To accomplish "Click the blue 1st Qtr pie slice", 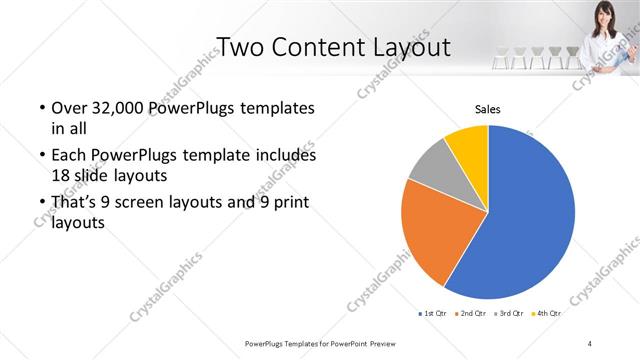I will pyautogui.click(x=530, y=215).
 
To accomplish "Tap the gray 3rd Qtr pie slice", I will pyautogui.click(x=429, y=165).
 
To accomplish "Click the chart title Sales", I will pyautogui.click(x=487, y=109).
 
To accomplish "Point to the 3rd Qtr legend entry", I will pyautogui.click(x=508, y=314).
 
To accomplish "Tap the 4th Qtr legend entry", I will pyautogui.click(x=546, y=314).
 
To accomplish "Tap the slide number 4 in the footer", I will pyautogui.click(x=590, y=343).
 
